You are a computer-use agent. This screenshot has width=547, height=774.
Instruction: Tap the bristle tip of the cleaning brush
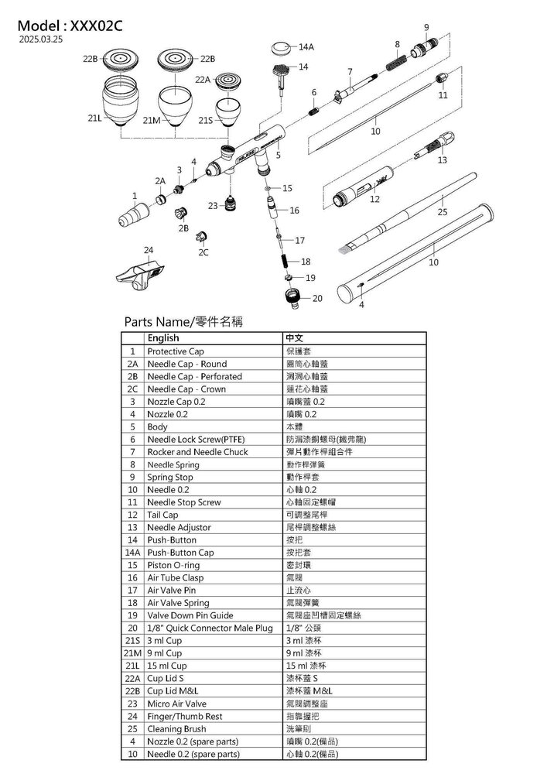click(x=344, y=250)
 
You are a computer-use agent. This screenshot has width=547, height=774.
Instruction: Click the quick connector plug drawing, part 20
click(x=294, y=297)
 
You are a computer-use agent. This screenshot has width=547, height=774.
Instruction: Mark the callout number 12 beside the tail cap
click(x=374, y=199)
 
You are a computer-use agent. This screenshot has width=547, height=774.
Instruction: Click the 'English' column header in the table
click(x=163, y=338)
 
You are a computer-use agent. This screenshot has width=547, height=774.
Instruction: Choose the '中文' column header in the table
click(x=295, y=338)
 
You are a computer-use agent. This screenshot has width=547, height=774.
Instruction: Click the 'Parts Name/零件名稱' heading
click(x=183, y=321)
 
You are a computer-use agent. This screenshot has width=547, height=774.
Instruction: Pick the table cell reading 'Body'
click(x=158, y=426)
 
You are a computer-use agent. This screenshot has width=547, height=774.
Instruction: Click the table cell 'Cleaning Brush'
click(x=176, y=729)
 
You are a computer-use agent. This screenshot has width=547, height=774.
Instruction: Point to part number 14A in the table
click(x=132, y=553)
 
